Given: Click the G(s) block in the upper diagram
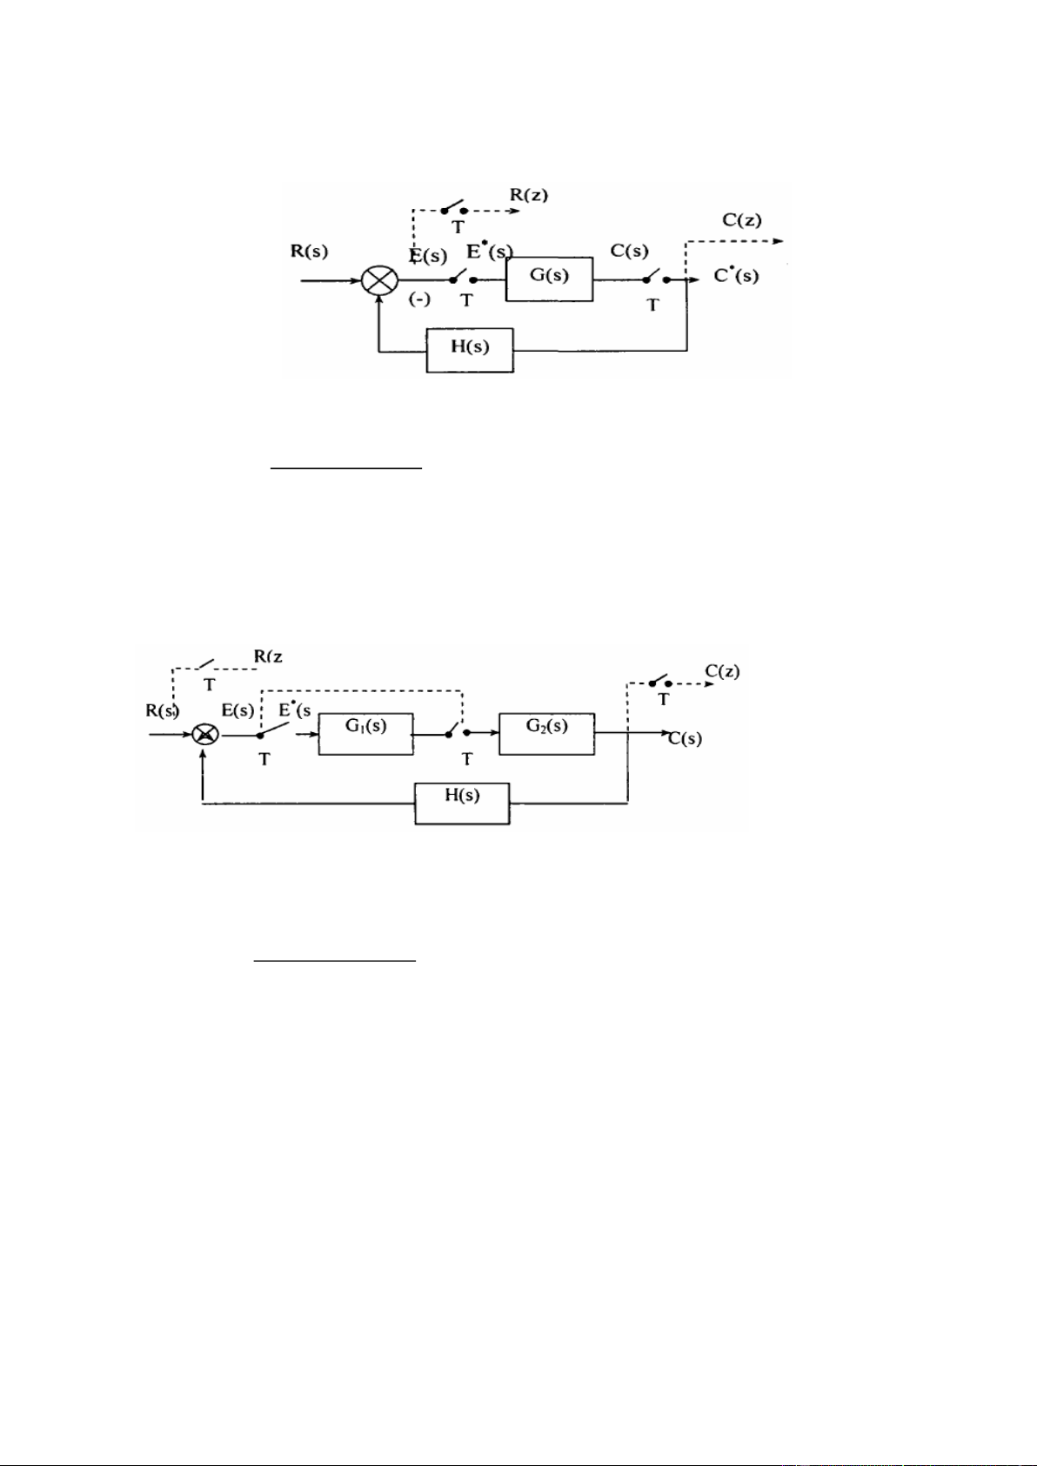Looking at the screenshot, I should [549, 279].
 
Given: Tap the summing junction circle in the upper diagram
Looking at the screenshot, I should [379, 281].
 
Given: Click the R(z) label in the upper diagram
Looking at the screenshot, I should [528, 196].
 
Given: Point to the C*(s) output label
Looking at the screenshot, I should [736, 277].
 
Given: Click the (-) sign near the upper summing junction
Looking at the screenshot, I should [419, 300].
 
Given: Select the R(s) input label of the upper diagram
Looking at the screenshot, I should [310, 252].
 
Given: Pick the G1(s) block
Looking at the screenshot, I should [366, 734].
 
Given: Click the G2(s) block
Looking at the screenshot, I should [546, 733].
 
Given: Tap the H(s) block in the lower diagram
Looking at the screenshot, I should [462, 803].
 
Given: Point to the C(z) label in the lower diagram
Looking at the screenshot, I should [722, 671].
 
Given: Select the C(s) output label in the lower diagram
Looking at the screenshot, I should [686, 739].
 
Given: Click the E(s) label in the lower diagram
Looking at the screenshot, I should [238, 710].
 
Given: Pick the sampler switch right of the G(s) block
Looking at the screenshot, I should [655, 279].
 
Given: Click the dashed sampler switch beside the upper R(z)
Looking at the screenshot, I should [453, 209].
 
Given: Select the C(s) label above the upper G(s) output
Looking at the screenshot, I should [629, 251].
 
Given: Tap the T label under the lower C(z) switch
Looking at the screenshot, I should [664, 699].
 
